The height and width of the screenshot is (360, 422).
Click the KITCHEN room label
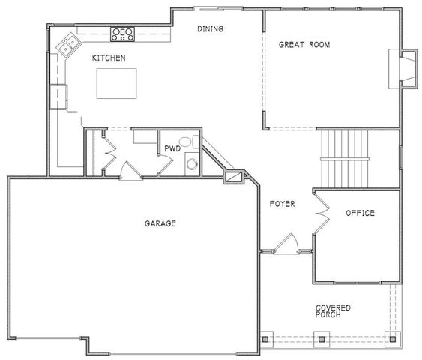tap(108, 58)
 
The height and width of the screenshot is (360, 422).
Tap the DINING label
tap(210, 29)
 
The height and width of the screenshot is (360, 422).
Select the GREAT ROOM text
tap(304, 45)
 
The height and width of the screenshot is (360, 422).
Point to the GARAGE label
tap(160, 223)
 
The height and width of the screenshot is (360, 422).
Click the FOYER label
tap(282, 204)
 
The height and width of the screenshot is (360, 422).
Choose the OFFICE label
tap(360, 214)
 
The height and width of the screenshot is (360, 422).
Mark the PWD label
tap(173, 139)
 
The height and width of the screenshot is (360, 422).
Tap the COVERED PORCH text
tap(333, 310)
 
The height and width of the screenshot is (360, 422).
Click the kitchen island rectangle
tap(118, 82)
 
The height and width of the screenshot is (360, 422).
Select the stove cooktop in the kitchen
tap(122, 33)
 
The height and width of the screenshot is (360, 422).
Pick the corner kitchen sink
tap(70, 47)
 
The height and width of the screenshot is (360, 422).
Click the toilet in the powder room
tap(191, 163)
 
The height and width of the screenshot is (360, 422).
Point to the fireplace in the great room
tap(403, 68)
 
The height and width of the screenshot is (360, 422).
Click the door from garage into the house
tap(130, 170)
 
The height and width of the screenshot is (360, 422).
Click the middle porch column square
tap(321, 337)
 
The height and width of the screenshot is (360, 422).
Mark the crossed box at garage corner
tap(235, 177)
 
